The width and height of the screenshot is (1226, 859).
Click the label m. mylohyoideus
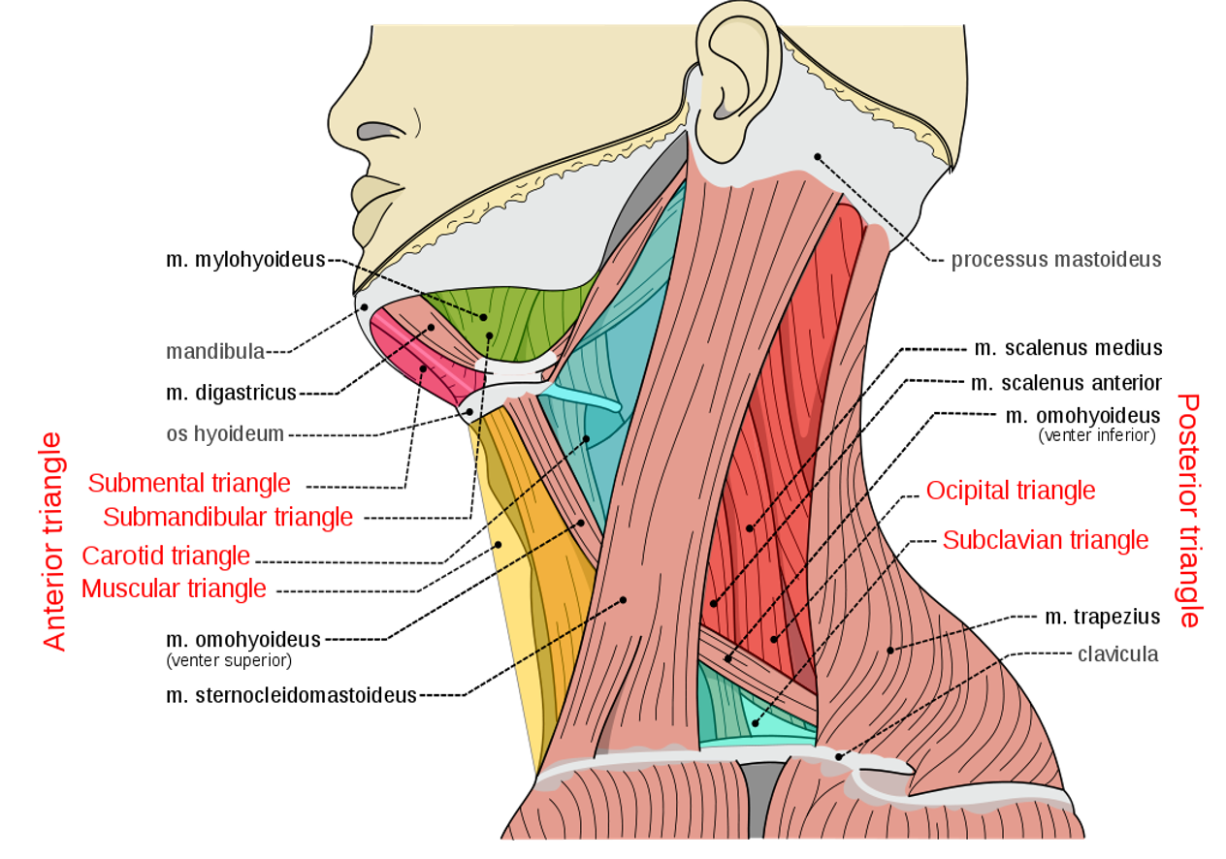click(x=244, y=260)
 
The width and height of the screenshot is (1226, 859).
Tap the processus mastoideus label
click(x=1055, y=260)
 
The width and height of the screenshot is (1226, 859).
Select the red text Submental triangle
click(x=189, y=483)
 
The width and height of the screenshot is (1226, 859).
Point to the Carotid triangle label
click(x=166, y=557)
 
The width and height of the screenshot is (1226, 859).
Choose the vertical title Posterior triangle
click(x=1188, y=510)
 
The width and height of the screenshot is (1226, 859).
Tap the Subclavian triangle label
click(x=1045, y=540)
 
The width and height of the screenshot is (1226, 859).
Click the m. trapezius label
click(x=1102, y=617)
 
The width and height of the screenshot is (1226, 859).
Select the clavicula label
click(x=1117, y=654)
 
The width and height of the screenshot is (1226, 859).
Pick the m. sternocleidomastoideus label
click(x=291, y=695)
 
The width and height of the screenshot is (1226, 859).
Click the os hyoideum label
click(x=225, y=434)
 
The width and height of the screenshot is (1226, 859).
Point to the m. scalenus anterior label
click(x=1066, y=383)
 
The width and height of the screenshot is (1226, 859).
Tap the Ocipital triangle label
click(x=1010, y=492)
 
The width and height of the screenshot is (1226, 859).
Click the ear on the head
click(x=735, y=82)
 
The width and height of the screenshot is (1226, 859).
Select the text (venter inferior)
click(x=1096, y=436)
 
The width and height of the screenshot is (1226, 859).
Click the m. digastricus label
click(x=231, y=393)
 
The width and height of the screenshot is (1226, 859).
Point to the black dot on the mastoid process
click(x=818, y=156)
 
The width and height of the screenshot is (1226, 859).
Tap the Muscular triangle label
click(x=174, y=589)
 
